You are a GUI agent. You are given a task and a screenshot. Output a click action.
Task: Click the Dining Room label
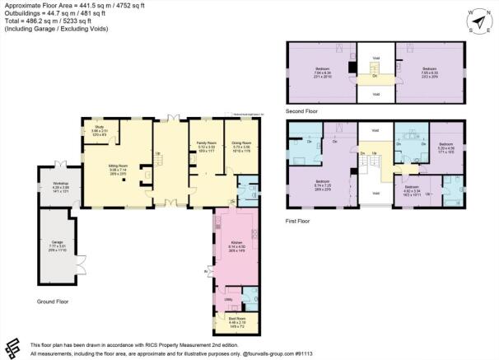pyautogui.click(x=241, y=142)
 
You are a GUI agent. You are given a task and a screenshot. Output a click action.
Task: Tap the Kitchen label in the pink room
pyautogui.click(x=236, y=243)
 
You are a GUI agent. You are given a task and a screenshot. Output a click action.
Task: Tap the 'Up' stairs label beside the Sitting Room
pyautogui.click(x=159, y=152)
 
